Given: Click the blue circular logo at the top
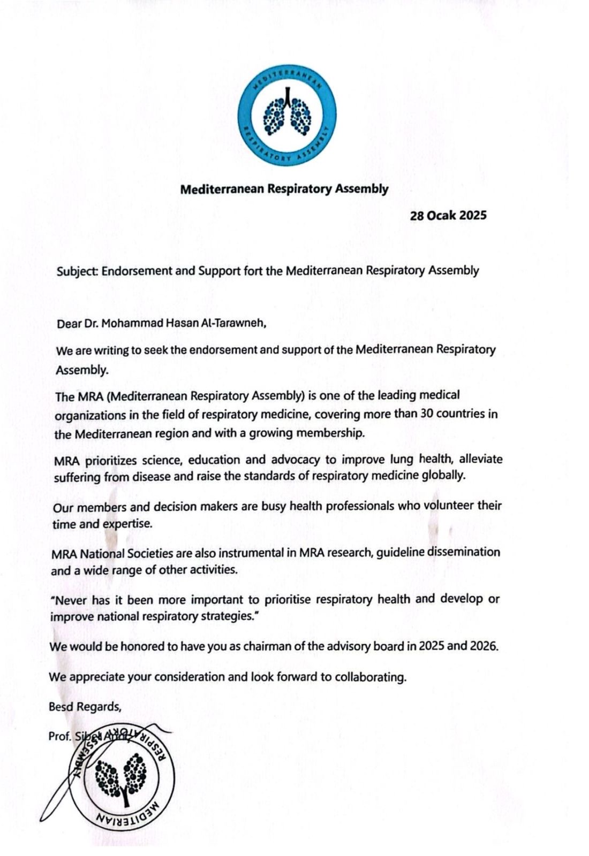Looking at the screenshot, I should tap(287, 114).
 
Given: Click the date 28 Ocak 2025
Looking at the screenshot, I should tap(448, 216).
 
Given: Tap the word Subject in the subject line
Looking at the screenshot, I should tap(77, 271).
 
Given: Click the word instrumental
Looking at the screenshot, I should tap(246, 552).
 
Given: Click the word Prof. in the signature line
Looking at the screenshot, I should tap(59, 736).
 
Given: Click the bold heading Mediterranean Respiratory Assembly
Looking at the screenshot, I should tap(284, 189).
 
